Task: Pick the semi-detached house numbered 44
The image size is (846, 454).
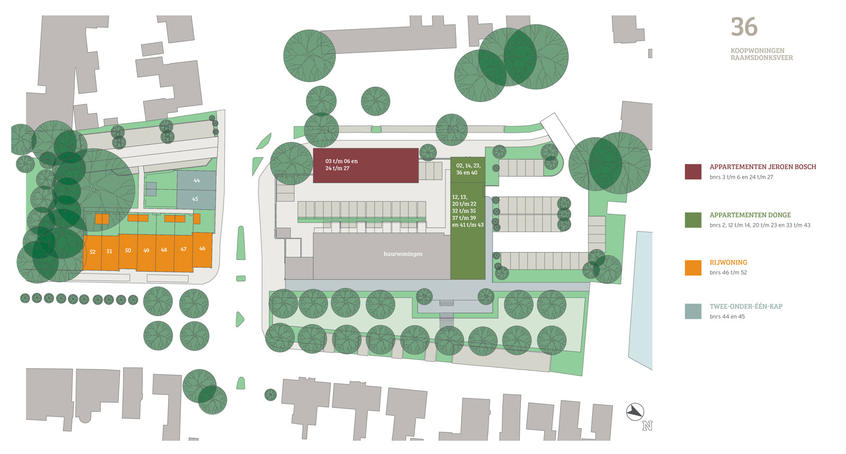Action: [196, 181]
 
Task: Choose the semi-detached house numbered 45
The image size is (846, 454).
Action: [195, 199]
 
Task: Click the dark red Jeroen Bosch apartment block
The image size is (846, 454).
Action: [365, 165]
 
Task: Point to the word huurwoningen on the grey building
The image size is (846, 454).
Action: [403, 254]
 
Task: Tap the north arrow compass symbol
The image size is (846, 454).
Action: [636, 412]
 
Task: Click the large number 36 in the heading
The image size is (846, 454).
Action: [744, 27]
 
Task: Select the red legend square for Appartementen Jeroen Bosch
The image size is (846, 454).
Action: [693, 171]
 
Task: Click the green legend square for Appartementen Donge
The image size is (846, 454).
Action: [693, 220]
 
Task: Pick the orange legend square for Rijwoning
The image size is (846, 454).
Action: [693, 267]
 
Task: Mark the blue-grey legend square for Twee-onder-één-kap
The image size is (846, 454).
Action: [693, 311]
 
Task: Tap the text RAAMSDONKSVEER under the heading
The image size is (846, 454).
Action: [761, 58]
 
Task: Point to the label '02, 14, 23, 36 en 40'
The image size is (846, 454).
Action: [468, 169]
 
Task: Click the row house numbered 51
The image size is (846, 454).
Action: [109, 252]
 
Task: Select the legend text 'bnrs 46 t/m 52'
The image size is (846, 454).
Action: [728, 273]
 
